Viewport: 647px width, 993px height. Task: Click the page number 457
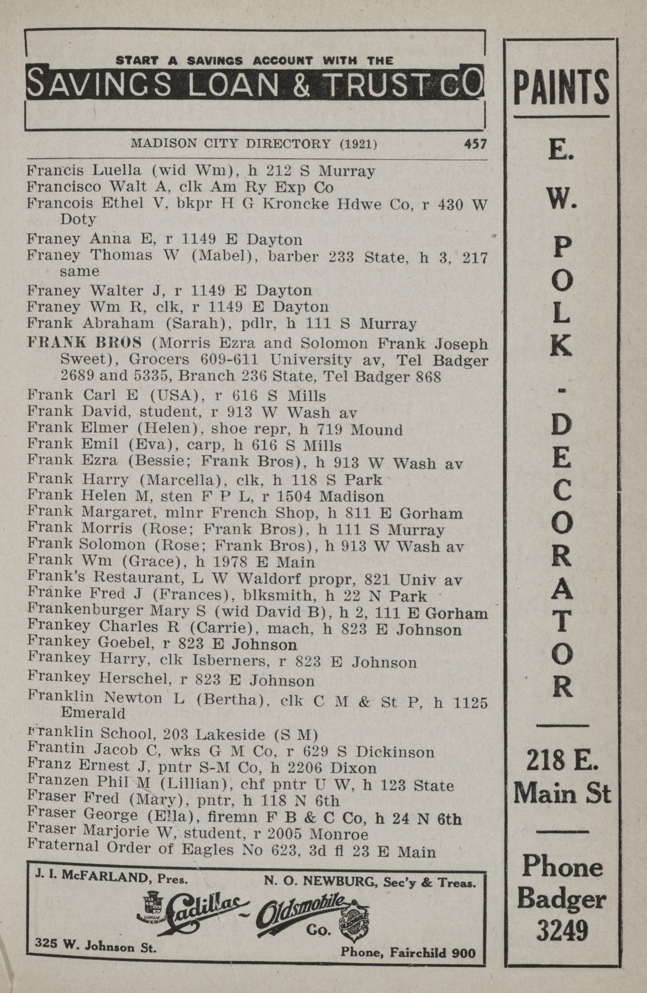475,144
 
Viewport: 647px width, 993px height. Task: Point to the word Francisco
64,187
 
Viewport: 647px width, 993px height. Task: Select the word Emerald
93,713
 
